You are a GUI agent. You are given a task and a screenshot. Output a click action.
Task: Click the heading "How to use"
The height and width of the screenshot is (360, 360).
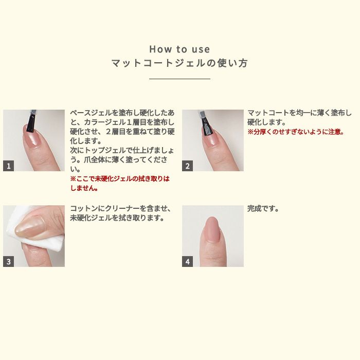[x=179, y=49]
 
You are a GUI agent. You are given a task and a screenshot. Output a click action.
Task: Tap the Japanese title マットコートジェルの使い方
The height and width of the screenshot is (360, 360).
[x=179, y=64]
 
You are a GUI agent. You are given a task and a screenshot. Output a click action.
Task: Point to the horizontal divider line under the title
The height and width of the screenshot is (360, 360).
[x=179, y=79]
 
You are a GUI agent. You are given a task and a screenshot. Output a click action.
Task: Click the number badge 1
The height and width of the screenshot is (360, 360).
[x=8, y=166]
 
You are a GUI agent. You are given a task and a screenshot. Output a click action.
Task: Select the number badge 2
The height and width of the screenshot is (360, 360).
[x=187, y=166]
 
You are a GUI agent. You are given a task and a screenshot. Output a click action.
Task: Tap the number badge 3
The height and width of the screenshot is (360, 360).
[x=8, y=261]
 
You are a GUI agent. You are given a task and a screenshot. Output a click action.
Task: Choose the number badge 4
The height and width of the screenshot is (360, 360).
[x=187, y=261]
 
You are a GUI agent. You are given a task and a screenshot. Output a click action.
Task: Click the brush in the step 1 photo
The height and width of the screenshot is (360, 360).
[x=31, y=120]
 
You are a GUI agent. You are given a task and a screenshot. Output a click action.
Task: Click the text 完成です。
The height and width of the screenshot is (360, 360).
[x=263, y=209]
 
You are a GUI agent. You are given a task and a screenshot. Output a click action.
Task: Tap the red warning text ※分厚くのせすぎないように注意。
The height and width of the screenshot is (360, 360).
[x=296, y=132]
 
